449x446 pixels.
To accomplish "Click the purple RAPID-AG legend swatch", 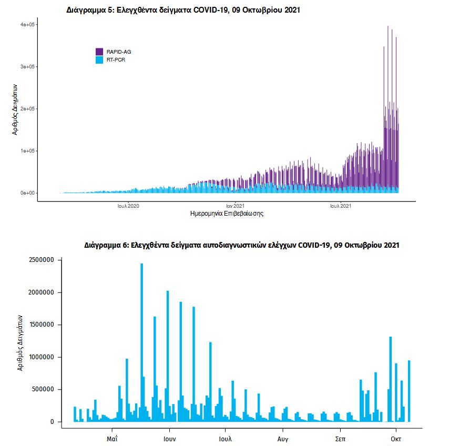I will pos(99,52).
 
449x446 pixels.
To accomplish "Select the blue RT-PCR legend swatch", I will pos(99,60).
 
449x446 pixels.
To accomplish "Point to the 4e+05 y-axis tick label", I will pos(27,25).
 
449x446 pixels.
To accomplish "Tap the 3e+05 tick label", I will pos(27,67).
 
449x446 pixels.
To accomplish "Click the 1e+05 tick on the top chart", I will pos(27,151).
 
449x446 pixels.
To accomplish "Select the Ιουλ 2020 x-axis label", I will pos(128,206).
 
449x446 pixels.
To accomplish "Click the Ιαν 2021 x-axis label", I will pos(235,206).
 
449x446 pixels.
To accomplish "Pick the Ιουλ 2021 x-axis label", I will pos(341,206).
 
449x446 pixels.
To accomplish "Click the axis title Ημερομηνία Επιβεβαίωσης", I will pos(226,214).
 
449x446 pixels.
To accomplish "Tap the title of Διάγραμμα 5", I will pos(183,10).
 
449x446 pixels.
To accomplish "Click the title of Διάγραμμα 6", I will pos(242,245).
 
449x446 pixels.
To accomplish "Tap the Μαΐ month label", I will pos(111,438).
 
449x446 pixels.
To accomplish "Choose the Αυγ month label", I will pos(283,438).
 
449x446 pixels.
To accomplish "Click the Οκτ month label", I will pos(396,438).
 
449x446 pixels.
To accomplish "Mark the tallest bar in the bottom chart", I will pos(141,342).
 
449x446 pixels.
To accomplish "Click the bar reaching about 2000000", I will pos(168,356).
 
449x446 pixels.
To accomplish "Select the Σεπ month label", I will pos(340,438).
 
